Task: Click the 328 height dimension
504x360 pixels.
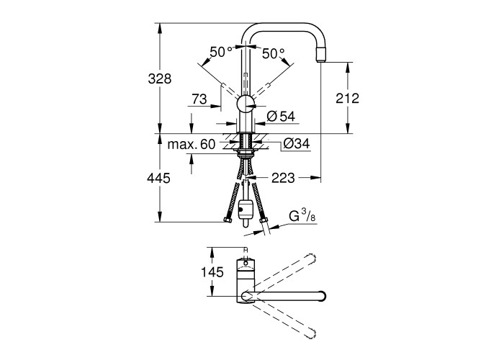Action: tap(160, 78)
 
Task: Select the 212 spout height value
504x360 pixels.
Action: tap(347, 98)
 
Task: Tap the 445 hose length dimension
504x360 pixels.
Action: tap(158, 178)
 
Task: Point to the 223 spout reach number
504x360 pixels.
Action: tap(283, 177)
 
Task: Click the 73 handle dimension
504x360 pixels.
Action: tap(199, 99)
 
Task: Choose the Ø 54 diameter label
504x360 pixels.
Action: tap(281, 116)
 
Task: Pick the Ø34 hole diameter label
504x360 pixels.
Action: tap(297, 143)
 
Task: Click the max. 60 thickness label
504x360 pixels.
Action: tap(192, 144)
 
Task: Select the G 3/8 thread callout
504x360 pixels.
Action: tap(302, 216)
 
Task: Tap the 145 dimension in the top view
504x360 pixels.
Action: tap(212, 272)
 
